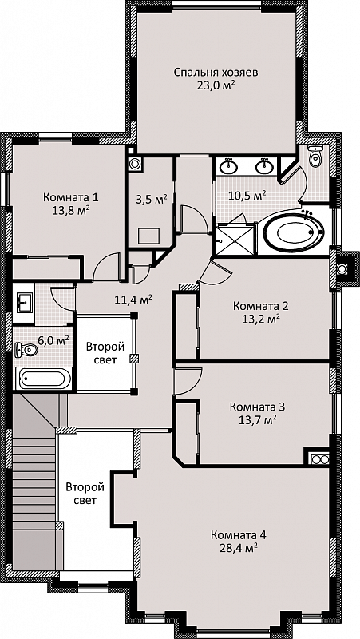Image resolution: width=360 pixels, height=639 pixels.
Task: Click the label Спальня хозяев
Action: [x=216, y=73]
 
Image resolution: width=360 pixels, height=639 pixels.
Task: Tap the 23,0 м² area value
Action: [x=216, y=85]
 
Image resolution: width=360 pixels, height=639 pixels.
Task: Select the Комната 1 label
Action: [x=71, y=197]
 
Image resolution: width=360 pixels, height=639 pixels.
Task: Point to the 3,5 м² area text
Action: [x=151, y=200]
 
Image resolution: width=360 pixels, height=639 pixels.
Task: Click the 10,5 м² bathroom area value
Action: [x=247, y=195]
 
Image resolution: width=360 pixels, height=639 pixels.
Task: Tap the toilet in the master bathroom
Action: [x=315, y=155]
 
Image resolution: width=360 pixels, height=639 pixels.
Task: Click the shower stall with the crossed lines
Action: [x=235, y=240]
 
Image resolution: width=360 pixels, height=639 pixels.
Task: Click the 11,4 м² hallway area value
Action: [x=133, y=300]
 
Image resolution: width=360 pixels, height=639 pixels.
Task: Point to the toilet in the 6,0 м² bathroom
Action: [x=26, y=349]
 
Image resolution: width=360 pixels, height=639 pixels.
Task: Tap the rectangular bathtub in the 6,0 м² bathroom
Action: [x=44, y=379]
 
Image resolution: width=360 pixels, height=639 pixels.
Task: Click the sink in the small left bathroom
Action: [x=24, y=303]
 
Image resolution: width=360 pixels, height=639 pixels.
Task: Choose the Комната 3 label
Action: [x=257, y=407]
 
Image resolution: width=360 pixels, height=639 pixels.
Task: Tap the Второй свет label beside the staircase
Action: [x=85, y=494]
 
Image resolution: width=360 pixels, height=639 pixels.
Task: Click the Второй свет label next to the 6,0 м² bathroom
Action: [x=105, y=354]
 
